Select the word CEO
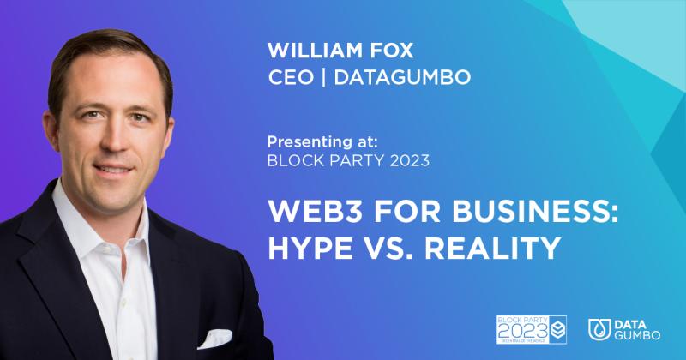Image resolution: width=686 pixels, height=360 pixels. click(289, 78)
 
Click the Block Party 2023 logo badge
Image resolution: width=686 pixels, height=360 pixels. click(532, 329)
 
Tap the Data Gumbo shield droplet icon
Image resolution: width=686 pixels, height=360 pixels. click(599, 329)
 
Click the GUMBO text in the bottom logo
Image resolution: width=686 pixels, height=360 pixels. click(637, 336)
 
